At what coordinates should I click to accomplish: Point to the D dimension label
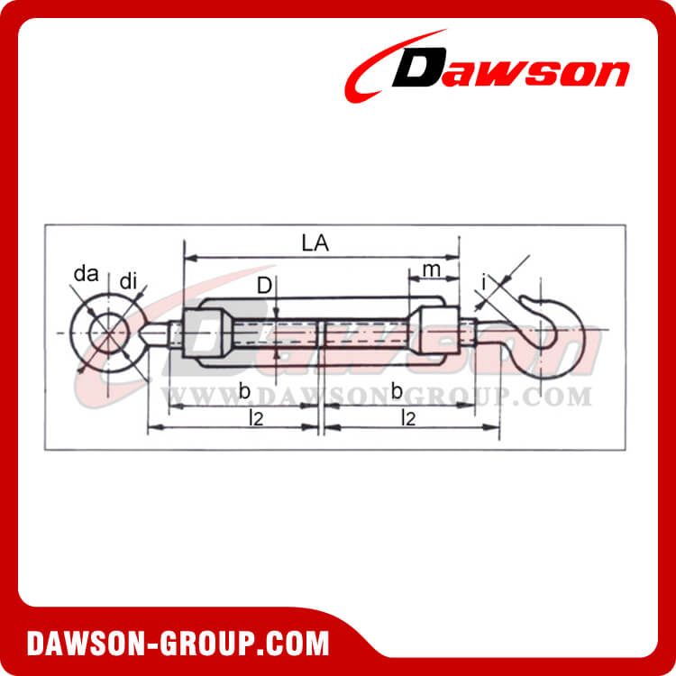[263, 287]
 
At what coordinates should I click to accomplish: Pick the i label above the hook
[484, 284]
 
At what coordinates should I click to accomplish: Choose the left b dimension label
[244, 389]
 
